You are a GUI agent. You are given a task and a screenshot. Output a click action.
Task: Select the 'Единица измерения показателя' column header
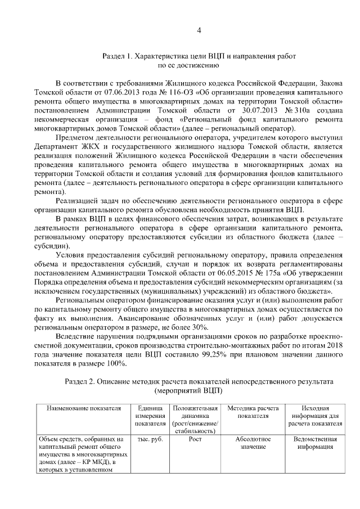[x=149, y=416]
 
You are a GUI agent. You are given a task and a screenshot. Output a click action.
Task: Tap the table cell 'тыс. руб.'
[x=149, y=439]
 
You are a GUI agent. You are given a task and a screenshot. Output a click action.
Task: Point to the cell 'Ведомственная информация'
[x=311, y=443]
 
